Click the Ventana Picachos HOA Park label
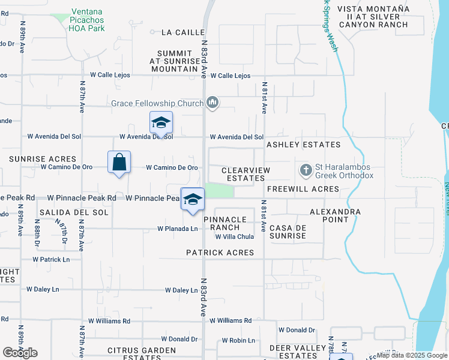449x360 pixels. (88, 20)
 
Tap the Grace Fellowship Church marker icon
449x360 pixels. (211, 104)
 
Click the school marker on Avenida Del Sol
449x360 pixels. (161, 123)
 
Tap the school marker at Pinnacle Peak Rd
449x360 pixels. (193, 199)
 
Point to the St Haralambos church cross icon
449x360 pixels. (306, 170)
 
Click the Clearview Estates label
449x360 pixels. (246, 175)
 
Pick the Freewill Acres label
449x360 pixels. (303, 190)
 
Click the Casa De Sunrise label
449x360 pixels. (288, 232)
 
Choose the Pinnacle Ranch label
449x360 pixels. (230, 223)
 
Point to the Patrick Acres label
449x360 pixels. (220, 253)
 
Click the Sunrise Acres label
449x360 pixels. (43, 159)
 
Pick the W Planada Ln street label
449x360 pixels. (178, 229)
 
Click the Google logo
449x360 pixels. (20, 353)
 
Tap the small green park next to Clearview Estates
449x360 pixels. (219, 190)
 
